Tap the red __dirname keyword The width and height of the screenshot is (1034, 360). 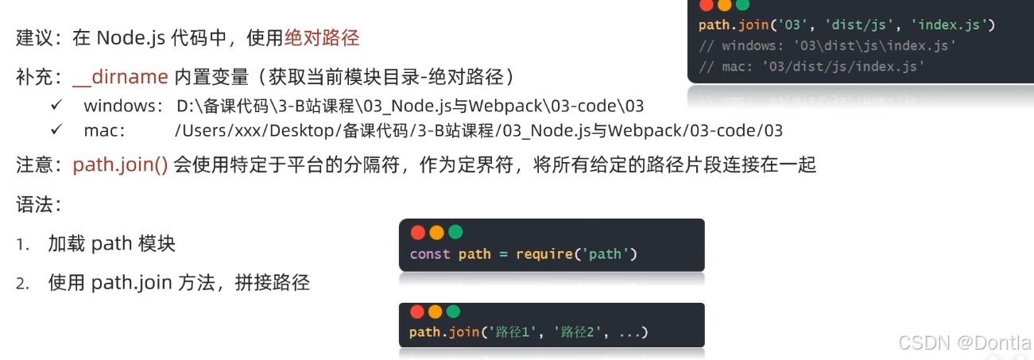(120, 77)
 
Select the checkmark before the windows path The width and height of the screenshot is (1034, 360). (56, 105)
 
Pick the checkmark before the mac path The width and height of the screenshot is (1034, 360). (56, 130)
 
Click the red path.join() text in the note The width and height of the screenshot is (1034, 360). (120, 165)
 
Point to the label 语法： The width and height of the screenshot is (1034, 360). (39, 205)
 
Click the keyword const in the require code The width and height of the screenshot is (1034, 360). (430, 254)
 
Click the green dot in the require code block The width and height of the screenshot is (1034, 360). (455, 233)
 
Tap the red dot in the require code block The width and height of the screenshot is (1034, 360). (417, 233)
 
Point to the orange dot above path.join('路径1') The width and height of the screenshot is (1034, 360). (436, 312)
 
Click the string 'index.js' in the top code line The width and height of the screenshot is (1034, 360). (950, 25)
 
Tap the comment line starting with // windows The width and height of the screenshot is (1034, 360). (827, 46)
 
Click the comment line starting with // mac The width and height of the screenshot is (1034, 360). (811, 67)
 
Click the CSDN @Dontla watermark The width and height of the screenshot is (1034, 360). (964, 343)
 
